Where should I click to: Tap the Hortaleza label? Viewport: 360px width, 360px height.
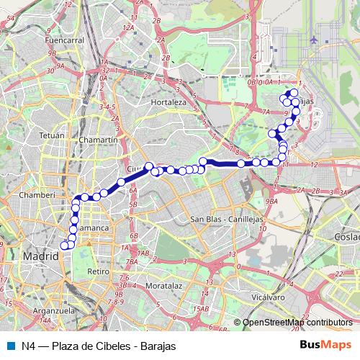(169, 103)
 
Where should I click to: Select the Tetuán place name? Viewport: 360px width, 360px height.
(51, 135)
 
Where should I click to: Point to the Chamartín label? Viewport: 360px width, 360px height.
(99, 139)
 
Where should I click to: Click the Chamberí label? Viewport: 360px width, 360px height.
(37, 194)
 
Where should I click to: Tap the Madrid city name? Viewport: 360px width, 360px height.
(40, 256)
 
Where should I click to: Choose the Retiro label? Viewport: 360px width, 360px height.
(97, 271)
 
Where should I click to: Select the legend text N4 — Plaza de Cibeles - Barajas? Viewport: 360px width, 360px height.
(97, 346)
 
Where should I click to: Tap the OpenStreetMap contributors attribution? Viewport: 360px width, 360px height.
(297, 323)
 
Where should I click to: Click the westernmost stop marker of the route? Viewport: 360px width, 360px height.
(64, 246)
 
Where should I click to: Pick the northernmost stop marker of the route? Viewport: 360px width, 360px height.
(294, 93)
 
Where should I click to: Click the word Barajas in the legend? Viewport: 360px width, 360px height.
(158, 346)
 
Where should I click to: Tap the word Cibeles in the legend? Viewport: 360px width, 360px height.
(110, 346)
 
